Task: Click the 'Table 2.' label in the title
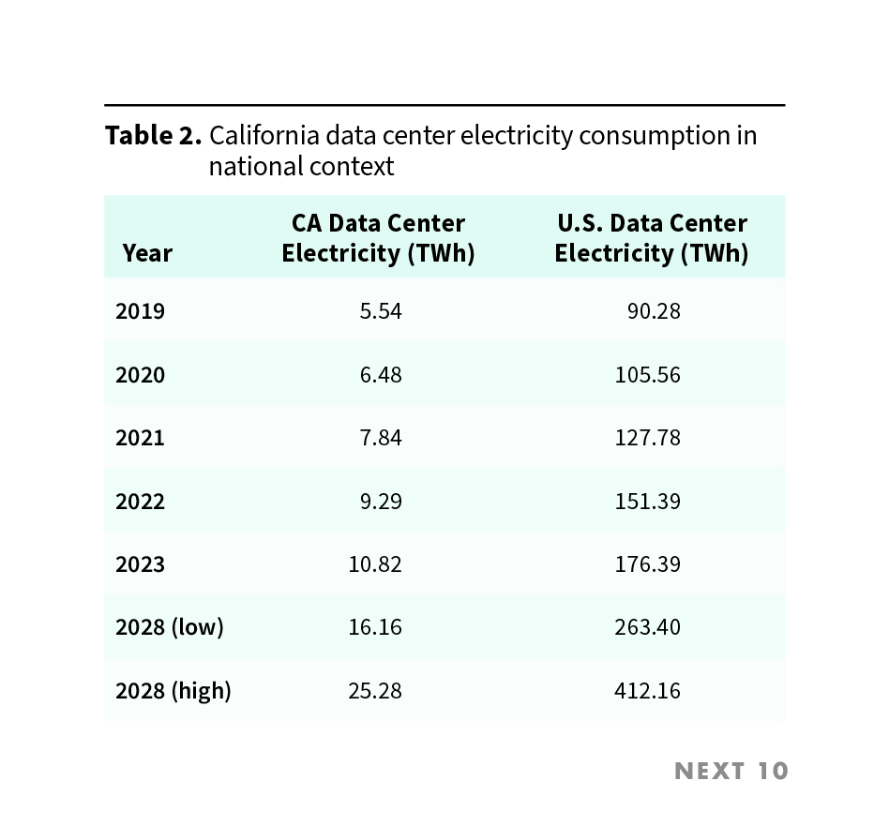pos(153,136)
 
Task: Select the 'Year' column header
pos(147,253)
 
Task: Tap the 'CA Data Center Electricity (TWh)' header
pos(378,238)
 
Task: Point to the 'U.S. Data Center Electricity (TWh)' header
pos(652,238)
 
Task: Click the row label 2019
pos(140,311)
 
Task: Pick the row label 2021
pos(140,438)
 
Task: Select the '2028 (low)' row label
pos(170,627)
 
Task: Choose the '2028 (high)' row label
pos(173,691)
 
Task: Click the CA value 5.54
pos(381,311)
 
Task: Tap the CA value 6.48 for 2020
pos(381,375)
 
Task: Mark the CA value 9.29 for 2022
pos(381,502)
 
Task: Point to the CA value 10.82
pos(375,564)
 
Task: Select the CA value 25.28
pos(375,691)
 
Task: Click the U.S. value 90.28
pos(654,311)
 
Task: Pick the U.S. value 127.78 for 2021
pos(648,438)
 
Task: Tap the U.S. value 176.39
pos(648,564)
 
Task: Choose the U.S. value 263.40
pos(648,627)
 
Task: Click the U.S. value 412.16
pos(648,691)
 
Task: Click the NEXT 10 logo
pos(731,772)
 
